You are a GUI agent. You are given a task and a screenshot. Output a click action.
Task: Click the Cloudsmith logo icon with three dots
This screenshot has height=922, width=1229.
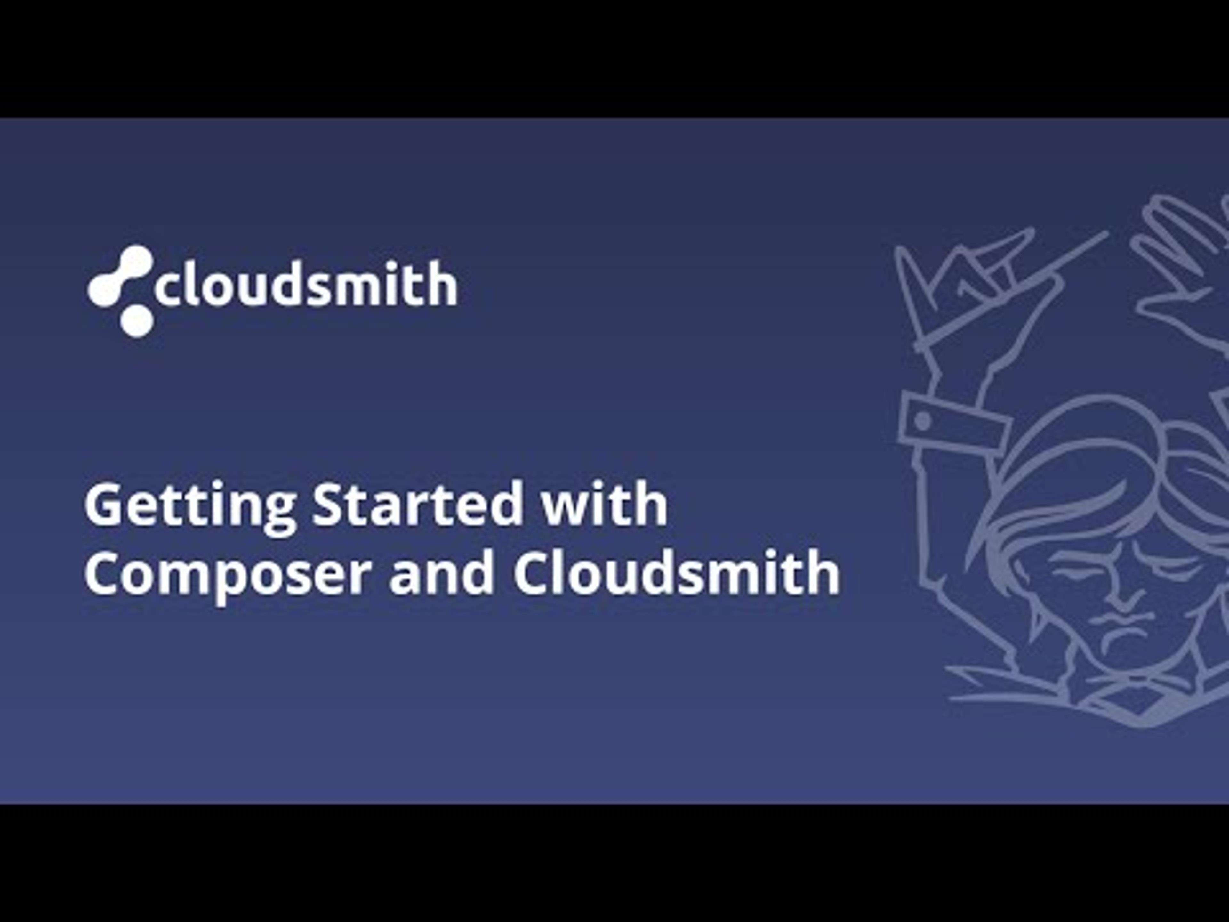tap(121, 290)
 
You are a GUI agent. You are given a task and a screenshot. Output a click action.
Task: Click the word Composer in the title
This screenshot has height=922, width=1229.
tap(228, 574)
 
